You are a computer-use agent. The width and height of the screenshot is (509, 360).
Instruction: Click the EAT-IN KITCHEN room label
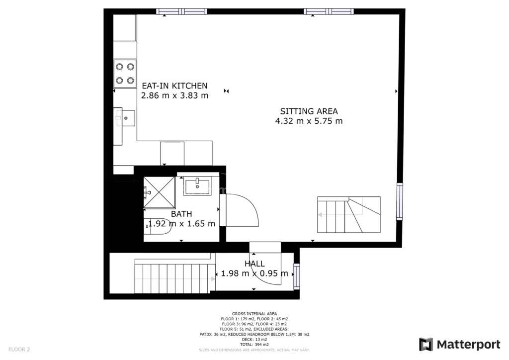[174, 86]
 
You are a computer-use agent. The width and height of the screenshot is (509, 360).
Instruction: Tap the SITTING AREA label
[309, 111]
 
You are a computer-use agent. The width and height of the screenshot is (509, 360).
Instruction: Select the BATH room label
[181, 214]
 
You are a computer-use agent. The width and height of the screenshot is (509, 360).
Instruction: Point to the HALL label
[254, 264]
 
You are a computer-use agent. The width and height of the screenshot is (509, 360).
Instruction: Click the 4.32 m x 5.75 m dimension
[309, 121]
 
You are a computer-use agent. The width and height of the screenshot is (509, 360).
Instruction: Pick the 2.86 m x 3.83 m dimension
[174, 95]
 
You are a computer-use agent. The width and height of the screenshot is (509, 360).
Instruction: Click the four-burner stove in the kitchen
[125, 74]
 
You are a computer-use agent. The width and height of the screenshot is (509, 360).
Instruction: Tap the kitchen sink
[125, 118]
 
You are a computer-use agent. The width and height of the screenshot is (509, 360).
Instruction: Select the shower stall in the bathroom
[159, 192]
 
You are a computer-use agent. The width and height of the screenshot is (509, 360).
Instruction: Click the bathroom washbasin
[197, 186]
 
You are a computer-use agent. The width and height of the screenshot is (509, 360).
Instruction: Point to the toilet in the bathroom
[158, 226]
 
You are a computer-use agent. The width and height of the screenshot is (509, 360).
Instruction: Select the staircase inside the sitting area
[348, 215]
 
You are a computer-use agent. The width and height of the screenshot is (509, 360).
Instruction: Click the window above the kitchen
[181, 12]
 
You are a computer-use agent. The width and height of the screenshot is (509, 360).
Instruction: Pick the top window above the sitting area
[329, 12]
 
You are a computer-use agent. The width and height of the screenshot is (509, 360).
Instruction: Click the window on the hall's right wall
[297, 276]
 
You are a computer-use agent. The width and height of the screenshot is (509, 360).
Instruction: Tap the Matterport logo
[460, 345]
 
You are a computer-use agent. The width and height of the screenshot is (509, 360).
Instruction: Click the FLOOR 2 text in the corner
[19, 350]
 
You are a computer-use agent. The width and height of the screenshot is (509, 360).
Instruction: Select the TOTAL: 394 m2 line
[254, 345]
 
